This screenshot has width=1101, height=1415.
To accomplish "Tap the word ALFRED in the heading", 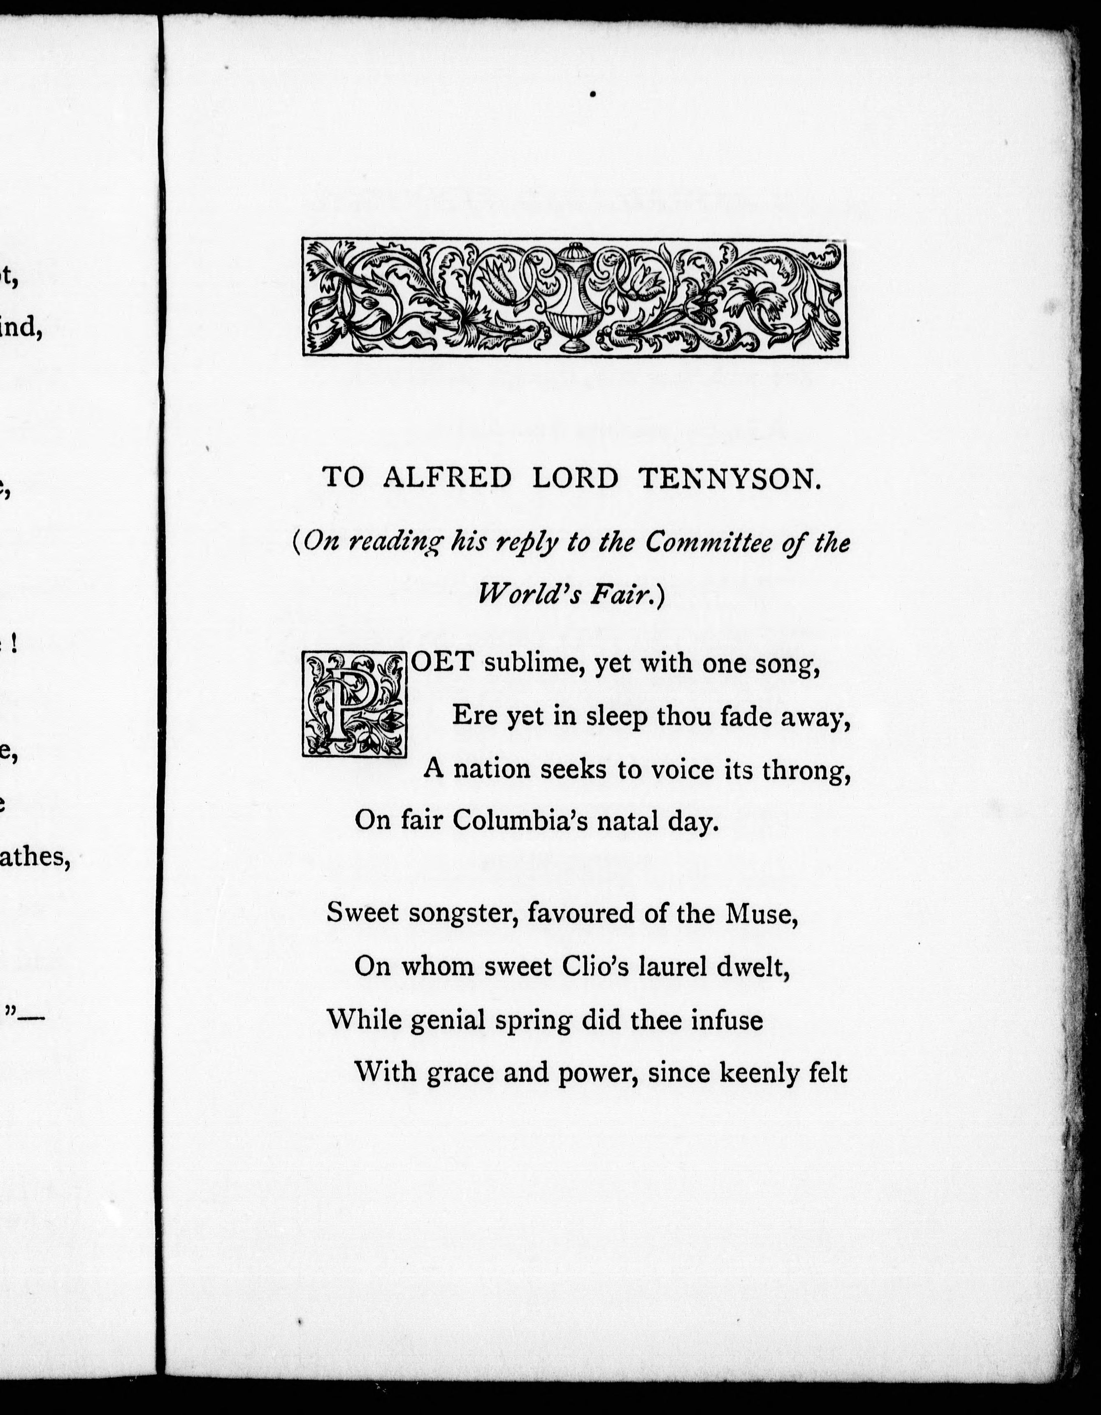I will click(x=447, y=478).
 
